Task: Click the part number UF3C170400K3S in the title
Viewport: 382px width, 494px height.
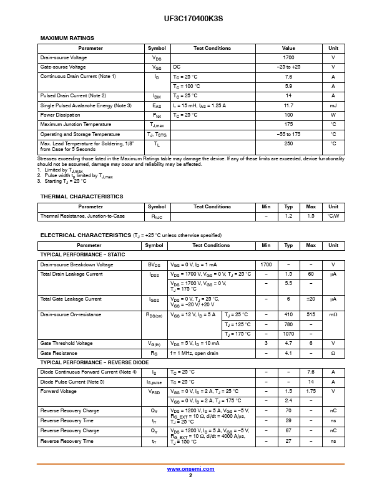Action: point(190,19)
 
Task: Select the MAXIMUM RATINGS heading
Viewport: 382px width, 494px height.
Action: point(67,38)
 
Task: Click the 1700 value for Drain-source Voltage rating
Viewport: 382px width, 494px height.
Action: point(288,57)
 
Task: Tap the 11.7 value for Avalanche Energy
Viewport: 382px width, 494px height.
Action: point(288,105)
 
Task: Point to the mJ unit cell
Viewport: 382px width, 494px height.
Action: point(333,105)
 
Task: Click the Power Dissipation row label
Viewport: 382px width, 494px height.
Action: point(60,115)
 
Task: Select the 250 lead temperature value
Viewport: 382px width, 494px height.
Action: point(288,143)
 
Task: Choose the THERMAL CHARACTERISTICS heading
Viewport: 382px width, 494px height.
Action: point(82,196)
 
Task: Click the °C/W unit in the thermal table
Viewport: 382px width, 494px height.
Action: point(333,216)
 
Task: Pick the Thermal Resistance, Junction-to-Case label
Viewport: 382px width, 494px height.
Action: point(82,216)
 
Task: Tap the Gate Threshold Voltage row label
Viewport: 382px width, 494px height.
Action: point(66,343)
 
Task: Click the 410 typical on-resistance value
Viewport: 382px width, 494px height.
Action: point(288,314)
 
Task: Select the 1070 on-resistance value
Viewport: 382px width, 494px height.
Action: point(288,334)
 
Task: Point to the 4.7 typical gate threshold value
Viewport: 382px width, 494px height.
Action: point(288,343)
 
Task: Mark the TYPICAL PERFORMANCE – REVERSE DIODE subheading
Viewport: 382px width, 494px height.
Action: point(95,362)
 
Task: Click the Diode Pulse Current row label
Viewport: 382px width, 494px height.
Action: point(72,381)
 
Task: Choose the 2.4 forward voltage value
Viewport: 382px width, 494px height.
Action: point(288,400)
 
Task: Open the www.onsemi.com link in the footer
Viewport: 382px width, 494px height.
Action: point(190,469)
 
